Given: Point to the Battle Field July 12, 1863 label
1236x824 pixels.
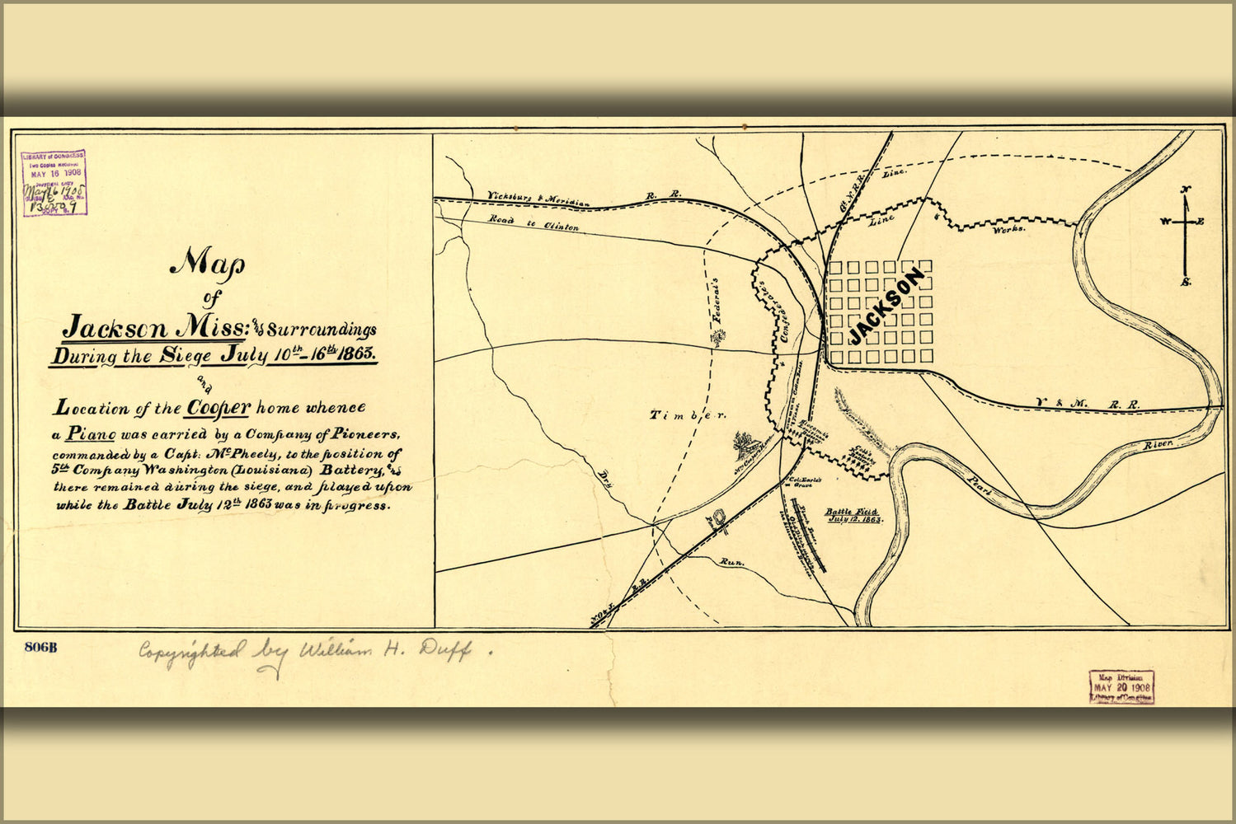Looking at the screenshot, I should click(x=853, y=516).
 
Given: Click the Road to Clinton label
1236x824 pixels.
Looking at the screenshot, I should click(x=533, y=222).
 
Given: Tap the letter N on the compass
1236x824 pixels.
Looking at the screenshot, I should click(x=1186, y=190).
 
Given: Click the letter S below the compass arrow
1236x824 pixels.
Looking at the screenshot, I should click(x=1186, y=283).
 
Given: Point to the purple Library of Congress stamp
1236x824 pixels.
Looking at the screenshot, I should click(x=54, y=182).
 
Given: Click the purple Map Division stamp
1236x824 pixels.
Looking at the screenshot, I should click(x=1121, y=686).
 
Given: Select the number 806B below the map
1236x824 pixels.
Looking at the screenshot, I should click(x=40, y=647).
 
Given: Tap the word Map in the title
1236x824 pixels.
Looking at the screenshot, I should click(x=207, y=263).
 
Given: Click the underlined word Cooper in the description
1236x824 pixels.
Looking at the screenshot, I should click(x=218, y=408).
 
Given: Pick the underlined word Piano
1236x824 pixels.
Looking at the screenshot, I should click(x=90, y=433).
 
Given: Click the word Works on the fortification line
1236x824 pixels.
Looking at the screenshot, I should click(x=1008, y=228).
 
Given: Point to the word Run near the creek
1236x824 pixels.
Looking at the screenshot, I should click(x=731, y=562).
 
